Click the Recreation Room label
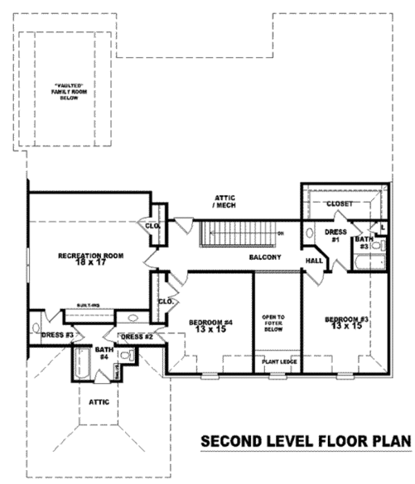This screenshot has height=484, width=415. coord(90,259)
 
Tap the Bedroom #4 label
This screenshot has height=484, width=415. coord(210,326)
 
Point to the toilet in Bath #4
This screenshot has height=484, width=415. coord(127,355)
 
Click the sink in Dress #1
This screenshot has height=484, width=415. coord(310,233)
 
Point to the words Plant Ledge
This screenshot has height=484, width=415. coord(277,362)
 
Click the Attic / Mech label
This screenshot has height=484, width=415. coord(223,201)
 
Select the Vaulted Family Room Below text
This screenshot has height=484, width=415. coord(68,91)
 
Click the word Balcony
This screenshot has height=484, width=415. coord(265,257)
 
